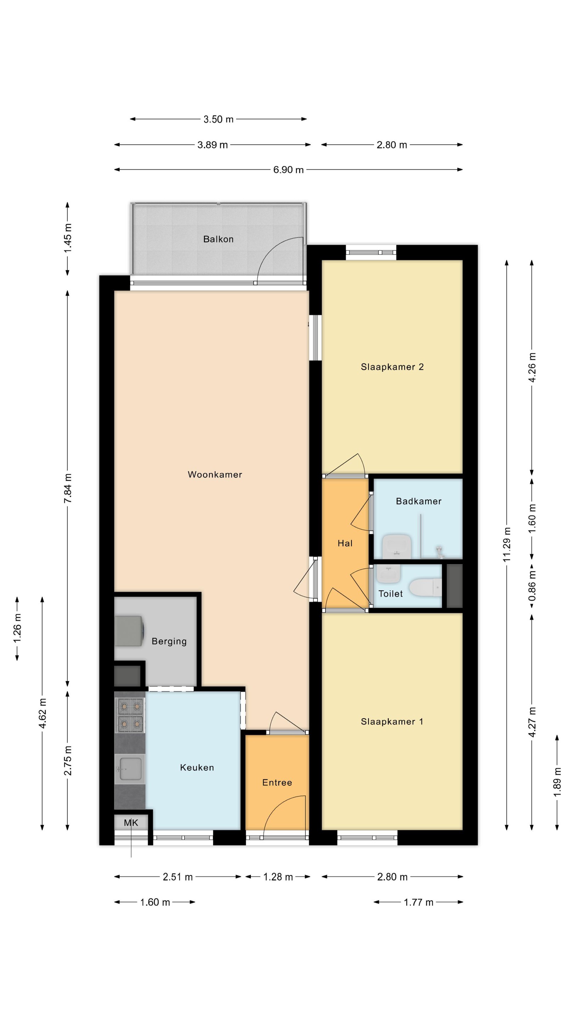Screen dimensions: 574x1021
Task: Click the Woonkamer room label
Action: (x=215, y=474)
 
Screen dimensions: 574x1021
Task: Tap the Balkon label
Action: (x=218, y=239)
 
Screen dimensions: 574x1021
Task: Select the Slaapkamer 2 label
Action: (x=392, y=367)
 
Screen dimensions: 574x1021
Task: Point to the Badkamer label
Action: (x=419, y=501)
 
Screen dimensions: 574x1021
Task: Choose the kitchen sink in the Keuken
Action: (x=130, y=769)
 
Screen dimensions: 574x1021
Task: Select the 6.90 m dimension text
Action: (x=288, y=170)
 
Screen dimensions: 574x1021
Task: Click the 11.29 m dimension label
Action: (x=507, y=544)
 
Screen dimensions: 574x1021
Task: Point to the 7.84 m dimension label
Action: (x=68, y=488)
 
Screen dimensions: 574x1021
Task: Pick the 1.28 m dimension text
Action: (x=278, y=877)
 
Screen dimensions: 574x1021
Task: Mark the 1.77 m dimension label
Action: (x=419, y=902)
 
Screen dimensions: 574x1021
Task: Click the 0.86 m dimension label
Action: (x=532, y=585)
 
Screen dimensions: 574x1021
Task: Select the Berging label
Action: (x=169, y=641)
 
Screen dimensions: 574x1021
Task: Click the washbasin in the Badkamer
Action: (x=396, y=546)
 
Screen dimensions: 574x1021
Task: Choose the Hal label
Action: (x=345, y=543)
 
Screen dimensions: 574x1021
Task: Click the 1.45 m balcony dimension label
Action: (x=68, y=238)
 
